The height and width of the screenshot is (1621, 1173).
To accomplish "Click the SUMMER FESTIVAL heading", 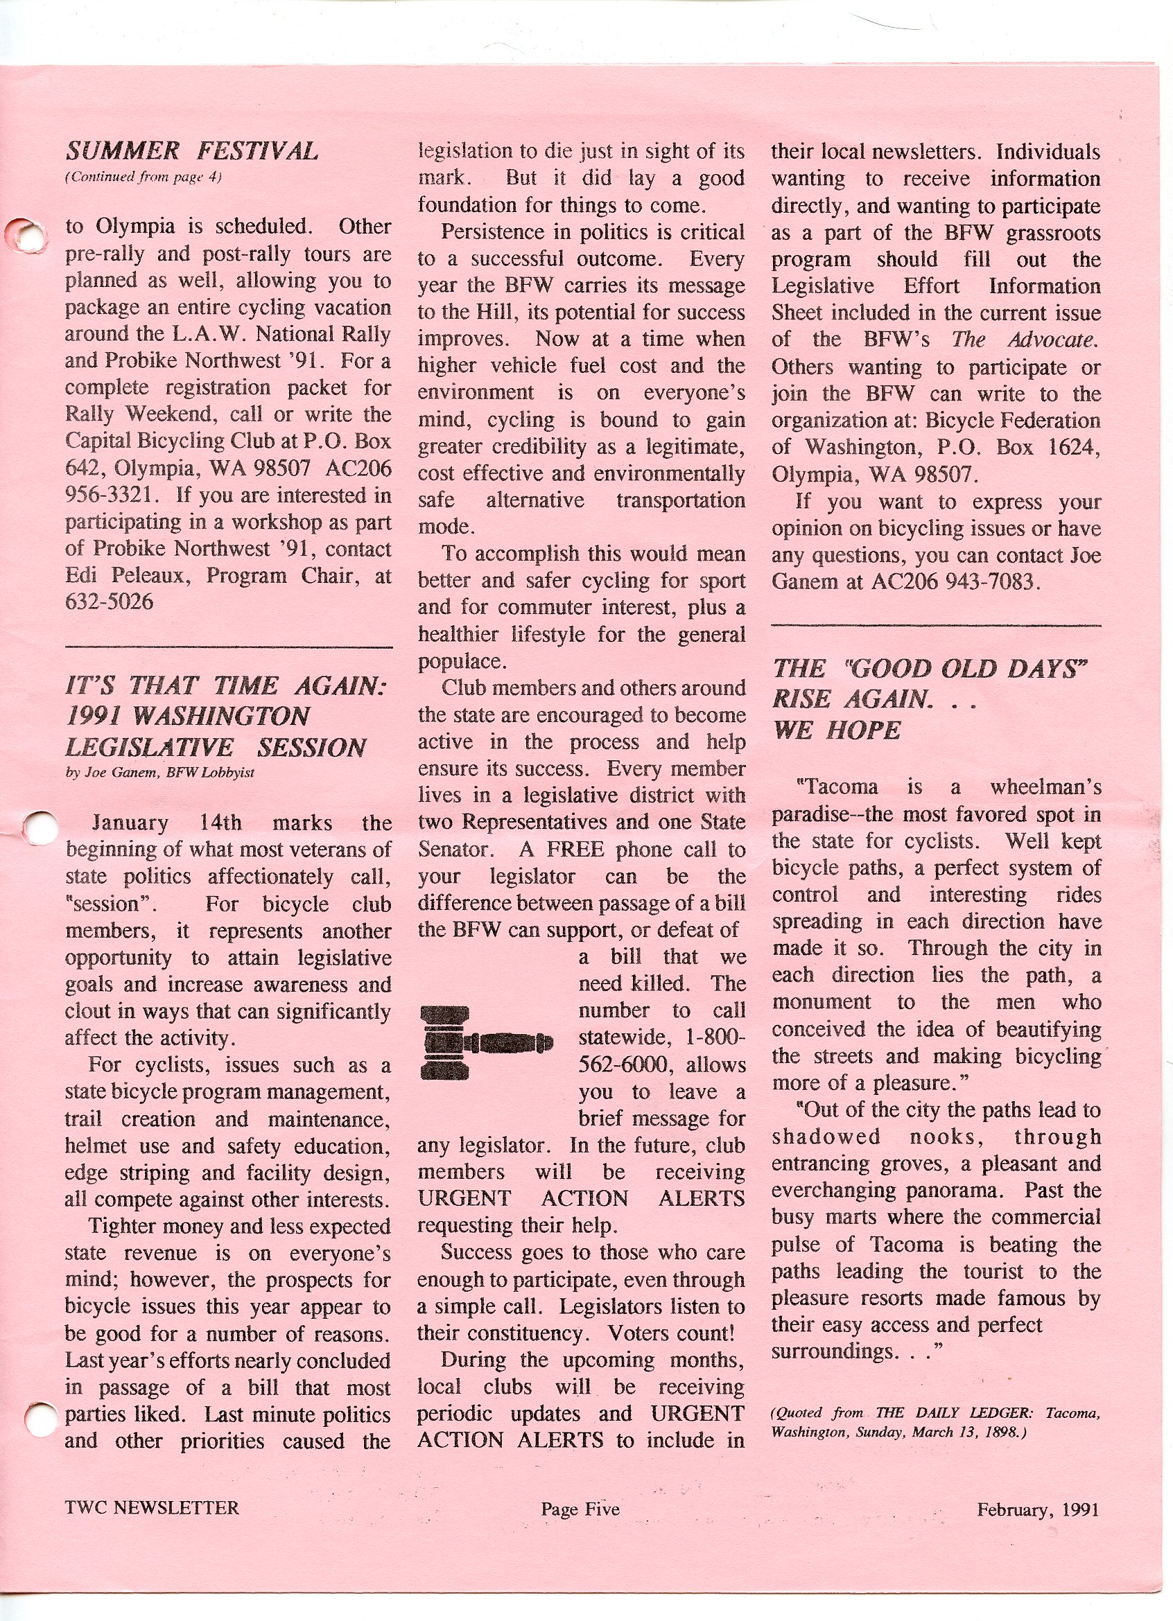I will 191,152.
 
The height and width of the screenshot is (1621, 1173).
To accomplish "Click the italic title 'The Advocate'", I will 1025,340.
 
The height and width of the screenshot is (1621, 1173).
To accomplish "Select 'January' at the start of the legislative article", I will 130,823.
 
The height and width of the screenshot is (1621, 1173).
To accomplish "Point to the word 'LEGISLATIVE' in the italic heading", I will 148,748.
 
